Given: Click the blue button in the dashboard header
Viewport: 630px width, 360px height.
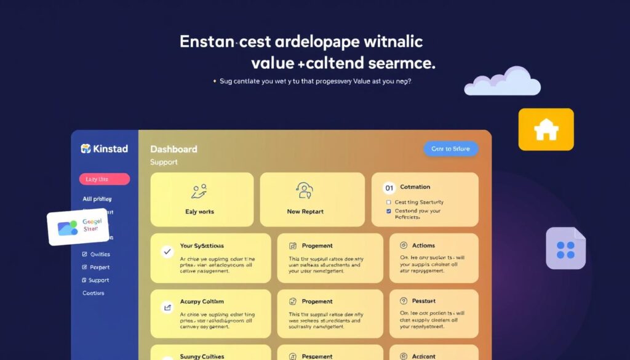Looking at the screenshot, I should [x=450, y=148].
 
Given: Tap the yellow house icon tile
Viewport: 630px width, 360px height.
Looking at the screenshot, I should [x=546, y=129].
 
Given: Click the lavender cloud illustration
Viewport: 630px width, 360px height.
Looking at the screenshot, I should [x=502, y=82].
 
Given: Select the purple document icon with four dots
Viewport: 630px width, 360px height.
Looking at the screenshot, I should [x=565, y=249].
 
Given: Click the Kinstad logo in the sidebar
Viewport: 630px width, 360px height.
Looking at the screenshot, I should [x=104, y=149].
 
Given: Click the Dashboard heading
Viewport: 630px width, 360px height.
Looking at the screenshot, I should [x=173, y=149].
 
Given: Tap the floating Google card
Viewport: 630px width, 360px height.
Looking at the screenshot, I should [x=78, y=226].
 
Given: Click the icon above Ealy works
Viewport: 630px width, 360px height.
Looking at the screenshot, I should [x=199, y=191].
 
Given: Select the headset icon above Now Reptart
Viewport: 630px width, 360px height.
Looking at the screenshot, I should [x=305, y=190].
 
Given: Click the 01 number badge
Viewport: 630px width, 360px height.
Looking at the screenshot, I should [x=388, y=187].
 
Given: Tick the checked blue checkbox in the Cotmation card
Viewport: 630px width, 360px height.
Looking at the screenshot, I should [x=388, y=211].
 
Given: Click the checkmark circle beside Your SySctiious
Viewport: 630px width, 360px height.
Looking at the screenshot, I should [x=166, y=251].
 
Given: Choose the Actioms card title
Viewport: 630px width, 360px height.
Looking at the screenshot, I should [x=424, y=246].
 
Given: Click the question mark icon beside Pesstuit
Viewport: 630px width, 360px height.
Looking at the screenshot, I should [x=404, y=301].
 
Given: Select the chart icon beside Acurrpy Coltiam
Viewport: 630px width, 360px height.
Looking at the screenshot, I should [x=166, y=306].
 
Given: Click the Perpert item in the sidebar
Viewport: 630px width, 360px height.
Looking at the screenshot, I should [x=99, y=267].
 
